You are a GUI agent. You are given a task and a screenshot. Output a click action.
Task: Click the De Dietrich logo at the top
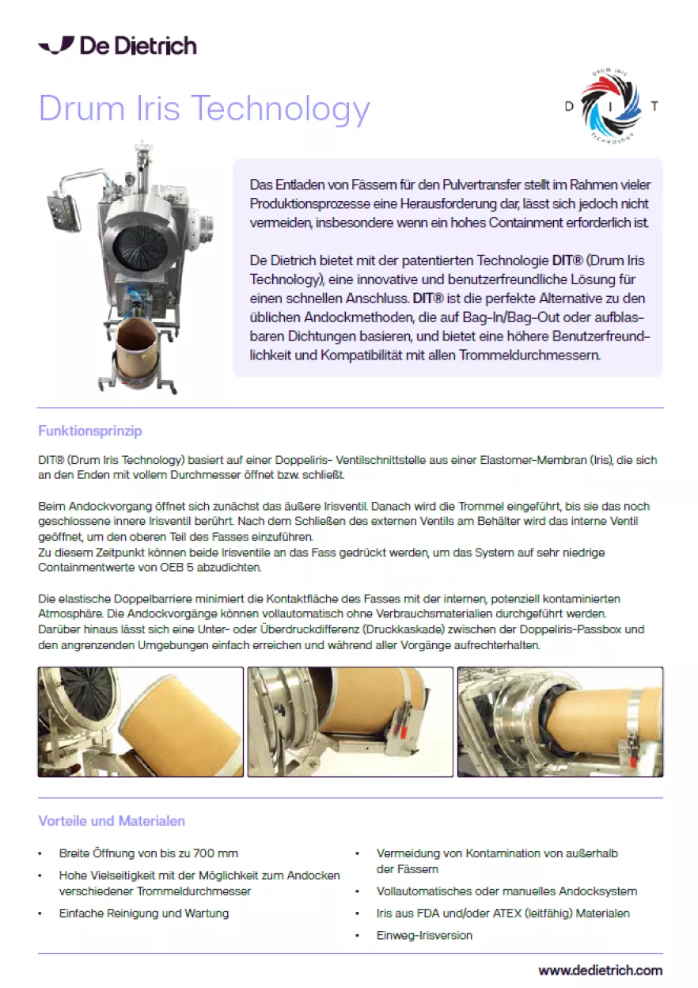117,45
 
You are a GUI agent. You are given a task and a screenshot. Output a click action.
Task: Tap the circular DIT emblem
611,106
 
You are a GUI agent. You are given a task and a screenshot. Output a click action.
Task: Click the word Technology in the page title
280,108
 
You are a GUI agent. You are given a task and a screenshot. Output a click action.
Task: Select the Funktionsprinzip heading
90,431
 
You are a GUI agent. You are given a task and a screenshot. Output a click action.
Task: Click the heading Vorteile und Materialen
112,821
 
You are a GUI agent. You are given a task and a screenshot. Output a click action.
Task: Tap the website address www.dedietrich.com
600,970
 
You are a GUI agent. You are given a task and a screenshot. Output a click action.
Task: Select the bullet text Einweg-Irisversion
424,935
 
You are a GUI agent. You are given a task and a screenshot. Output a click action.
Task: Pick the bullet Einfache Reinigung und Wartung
144,913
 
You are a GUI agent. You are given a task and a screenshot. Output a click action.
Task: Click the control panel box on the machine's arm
64,211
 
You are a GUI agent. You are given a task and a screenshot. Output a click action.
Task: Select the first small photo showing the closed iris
141,722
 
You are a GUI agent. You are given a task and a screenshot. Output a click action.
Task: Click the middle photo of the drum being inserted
350,722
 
